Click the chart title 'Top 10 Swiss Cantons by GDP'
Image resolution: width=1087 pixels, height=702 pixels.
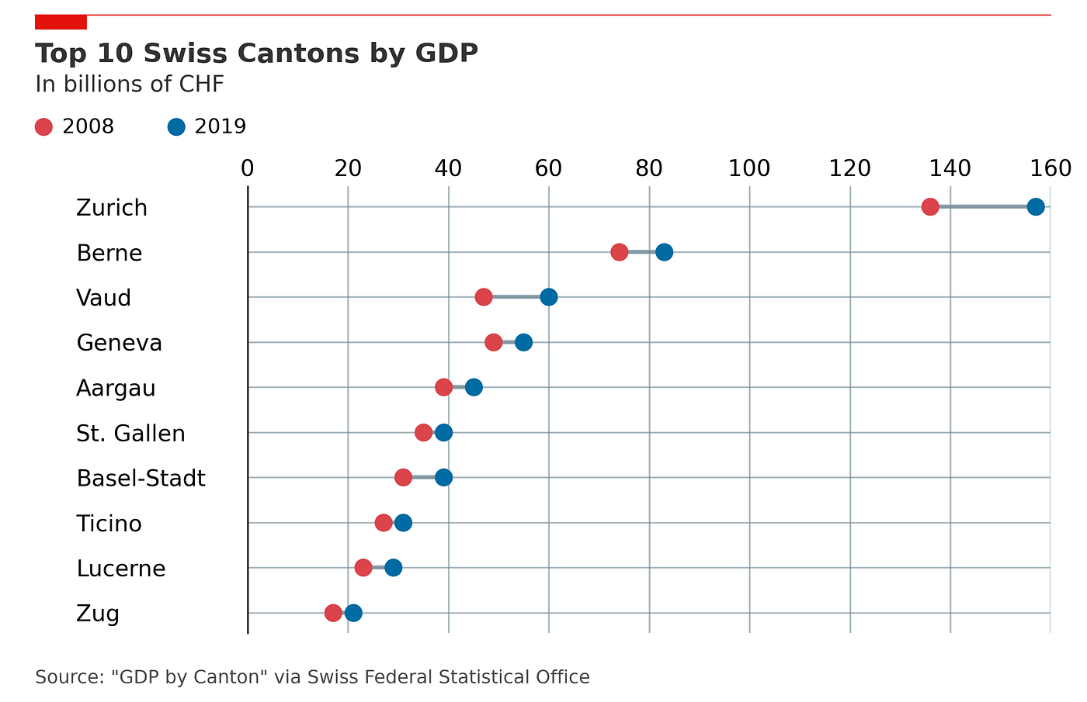point(256,54)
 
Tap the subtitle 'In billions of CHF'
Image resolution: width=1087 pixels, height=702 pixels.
point(130,85)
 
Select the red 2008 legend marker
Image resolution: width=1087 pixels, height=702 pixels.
point(43,127)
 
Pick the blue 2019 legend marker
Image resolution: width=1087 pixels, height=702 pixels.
point(176,127)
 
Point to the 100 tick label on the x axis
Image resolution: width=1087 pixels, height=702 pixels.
point(749,169)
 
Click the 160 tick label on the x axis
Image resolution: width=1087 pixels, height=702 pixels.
point(1051,169)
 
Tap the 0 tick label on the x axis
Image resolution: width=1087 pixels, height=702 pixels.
point(248,169)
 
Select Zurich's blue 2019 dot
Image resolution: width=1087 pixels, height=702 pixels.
point(1036,207)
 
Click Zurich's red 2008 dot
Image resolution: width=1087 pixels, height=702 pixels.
point(930,207)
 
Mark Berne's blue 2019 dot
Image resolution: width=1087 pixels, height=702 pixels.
point(665,252)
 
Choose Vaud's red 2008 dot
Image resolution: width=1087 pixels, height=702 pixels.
point(483,297)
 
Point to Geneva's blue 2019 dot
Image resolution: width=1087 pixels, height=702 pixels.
point(523,342)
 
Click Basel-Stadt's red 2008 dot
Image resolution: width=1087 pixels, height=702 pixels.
point(403,478)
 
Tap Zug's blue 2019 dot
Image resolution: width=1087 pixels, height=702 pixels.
point(353,613)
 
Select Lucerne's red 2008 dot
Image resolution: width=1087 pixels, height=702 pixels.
point(363,568)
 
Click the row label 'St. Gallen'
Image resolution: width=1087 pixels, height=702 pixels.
point(130,434)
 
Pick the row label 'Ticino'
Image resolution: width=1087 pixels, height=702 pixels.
point(109,524)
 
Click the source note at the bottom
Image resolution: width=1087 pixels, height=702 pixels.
point(312,676)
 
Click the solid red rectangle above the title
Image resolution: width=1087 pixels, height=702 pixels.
point(61,22)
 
